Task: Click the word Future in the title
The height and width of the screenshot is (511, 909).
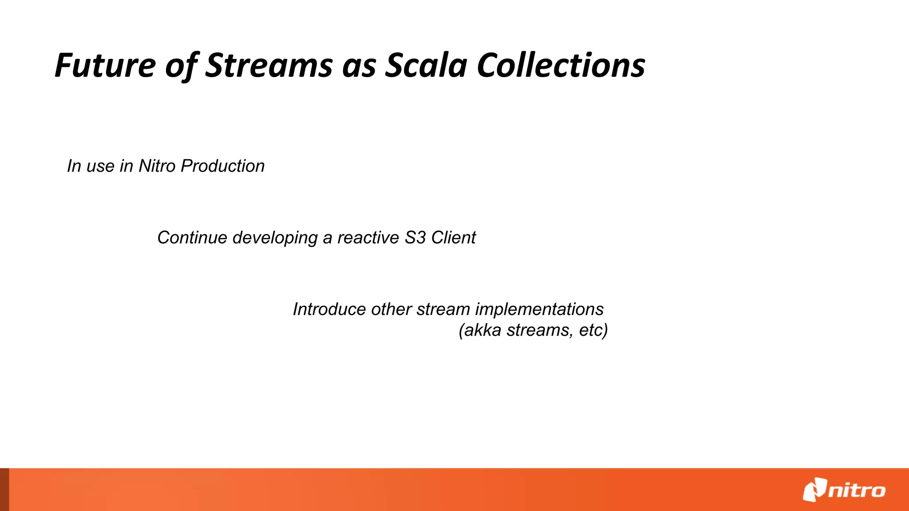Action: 105,66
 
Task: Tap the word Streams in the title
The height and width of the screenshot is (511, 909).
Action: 269,66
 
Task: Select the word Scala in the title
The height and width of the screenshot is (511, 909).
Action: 426,66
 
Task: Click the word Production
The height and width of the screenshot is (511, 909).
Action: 223,166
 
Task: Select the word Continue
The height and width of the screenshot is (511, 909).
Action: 192,238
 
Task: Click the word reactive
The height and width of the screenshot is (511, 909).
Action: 368,238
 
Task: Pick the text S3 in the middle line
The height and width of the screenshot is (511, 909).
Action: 415,238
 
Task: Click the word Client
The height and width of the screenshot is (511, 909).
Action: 453,238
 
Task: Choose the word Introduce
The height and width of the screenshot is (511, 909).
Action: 330,309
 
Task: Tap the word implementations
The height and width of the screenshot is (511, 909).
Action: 539,310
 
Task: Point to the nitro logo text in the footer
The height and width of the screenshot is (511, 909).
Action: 857,491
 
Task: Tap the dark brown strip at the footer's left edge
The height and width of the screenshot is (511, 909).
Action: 4,489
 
